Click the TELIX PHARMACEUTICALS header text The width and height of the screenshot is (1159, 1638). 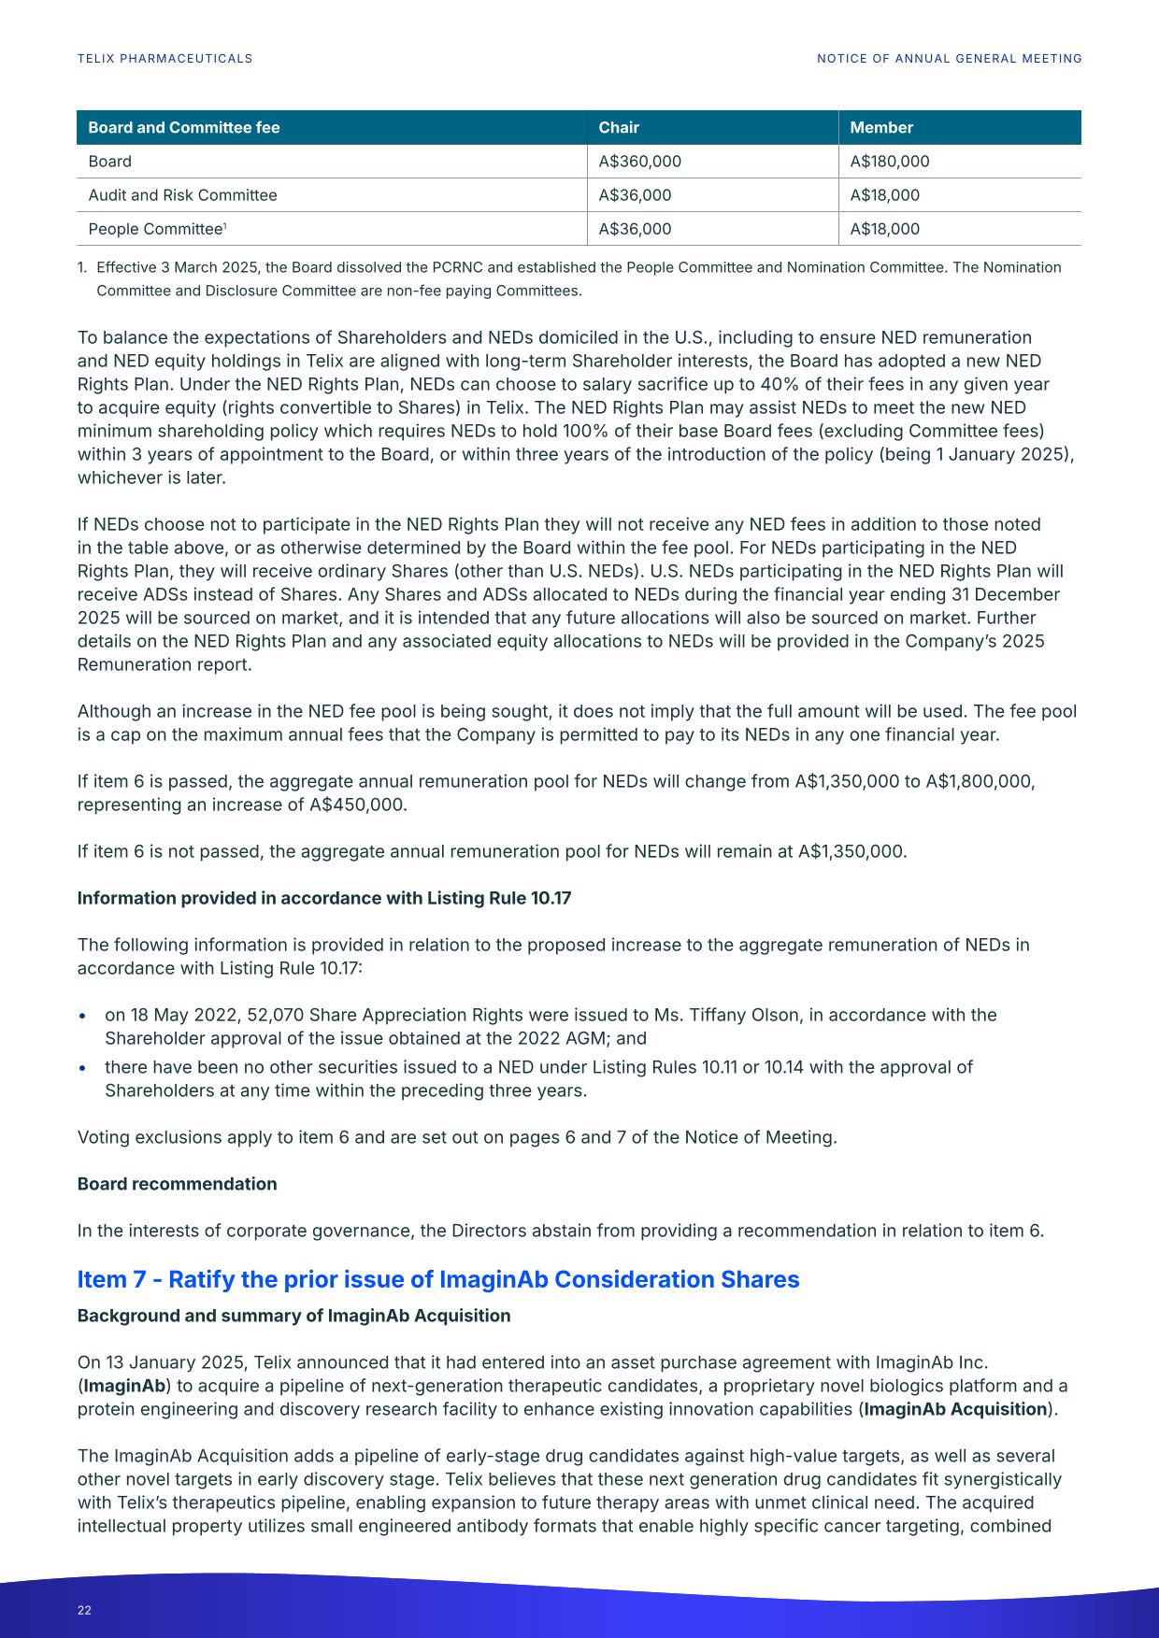coord(165,58)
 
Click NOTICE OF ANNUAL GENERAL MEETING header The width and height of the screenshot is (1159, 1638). coord(949,58)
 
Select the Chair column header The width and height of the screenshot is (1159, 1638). coord(619,128)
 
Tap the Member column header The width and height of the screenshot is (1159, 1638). coord(880,128)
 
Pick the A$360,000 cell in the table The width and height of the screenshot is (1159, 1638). coord(639,162)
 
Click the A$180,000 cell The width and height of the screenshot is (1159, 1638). coord(889,162)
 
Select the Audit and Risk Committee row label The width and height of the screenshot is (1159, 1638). coord(182,195)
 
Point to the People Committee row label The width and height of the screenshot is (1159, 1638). coord(155,229)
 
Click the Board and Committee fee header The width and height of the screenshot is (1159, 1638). coord(183,128)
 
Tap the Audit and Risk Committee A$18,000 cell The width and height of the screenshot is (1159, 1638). coord(884,195)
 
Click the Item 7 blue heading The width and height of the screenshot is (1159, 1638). coord(437,1279)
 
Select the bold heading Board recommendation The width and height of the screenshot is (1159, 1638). coord(177,1184)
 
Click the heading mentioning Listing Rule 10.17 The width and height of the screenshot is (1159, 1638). coord(323,898)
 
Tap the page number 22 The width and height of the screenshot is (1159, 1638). coord(84,1610)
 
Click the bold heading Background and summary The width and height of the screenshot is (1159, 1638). coord(293,1316)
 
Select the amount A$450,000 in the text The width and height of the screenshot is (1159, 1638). coord(357,805)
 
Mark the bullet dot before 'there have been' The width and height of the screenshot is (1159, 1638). coord(84,1068)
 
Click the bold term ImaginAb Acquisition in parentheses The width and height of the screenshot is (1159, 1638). coord(954,1409)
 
